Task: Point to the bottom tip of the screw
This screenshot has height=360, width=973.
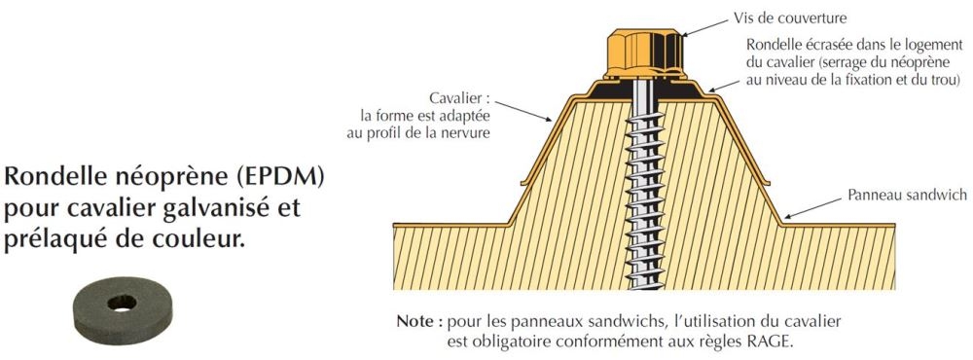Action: pos(644,286)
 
